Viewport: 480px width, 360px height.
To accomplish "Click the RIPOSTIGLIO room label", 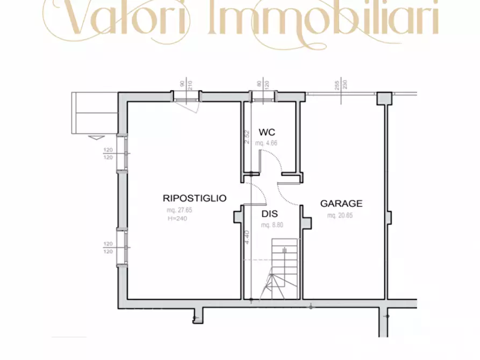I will pos(195,198).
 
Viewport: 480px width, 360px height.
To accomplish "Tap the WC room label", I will pos(267,132).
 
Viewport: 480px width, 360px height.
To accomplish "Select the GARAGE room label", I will pos(341,204).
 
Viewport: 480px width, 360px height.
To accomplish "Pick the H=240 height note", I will pos(177,218).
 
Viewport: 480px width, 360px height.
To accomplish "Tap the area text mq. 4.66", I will pos(267,143).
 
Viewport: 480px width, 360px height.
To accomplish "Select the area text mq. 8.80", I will pos(273,225).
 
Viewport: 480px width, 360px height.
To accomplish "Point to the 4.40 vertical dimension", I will pos(247,237).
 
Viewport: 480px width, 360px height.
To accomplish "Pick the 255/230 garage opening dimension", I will pos(340,84).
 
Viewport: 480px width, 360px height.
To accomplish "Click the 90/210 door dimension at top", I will pos(187,84).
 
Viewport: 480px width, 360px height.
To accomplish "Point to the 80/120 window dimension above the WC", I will pos(262,84).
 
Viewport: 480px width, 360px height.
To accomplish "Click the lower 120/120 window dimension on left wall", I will pos(108,248).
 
